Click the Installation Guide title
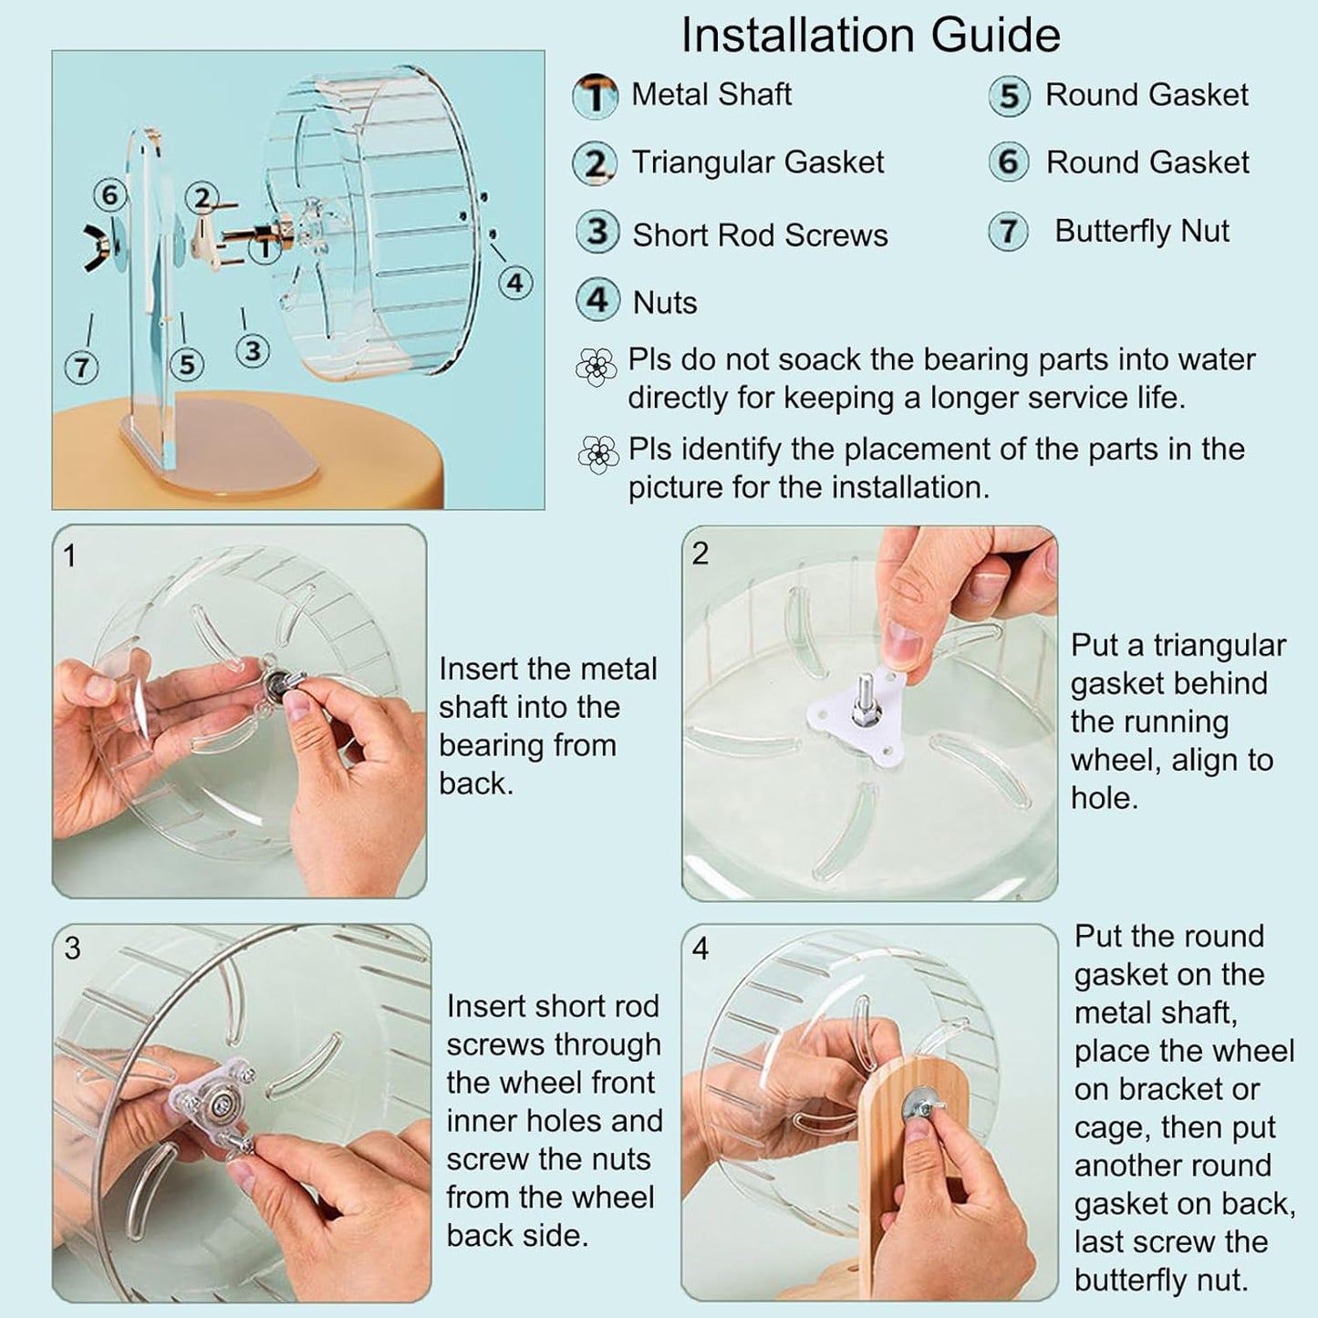coord(870,36)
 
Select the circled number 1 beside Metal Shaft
coord(596,96)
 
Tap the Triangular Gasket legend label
coord(757,162)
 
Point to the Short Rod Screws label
coord(760,235)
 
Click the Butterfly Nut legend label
coord(1141,232)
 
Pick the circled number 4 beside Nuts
coord(597,300)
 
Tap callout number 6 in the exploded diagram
coord(109,194)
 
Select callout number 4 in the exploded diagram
coord(514,284)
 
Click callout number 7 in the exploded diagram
coord(82,368)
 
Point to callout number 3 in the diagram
coord(253,351)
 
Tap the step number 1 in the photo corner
coord(70,555)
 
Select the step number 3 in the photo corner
coord(73,949)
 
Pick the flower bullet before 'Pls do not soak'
coord(597,367)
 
